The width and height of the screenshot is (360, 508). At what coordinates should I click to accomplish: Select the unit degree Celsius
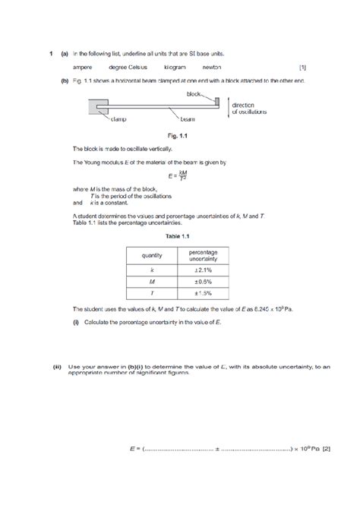click(128, 68)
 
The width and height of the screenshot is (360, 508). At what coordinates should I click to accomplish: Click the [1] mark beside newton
click(303, 68)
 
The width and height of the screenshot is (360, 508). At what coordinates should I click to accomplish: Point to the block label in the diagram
click(195, 93)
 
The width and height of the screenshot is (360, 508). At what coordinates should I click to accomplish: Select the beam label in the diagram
click(188, 119)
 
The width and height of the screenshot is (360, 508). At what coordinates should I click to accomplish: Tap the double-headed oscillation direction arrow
click(227, 108)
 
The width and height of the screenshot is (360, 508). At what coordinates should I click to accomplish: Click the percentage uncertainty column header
click(202, 256)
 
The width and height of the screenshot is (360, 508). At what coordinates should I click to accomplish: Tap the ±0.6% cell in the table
click(202, 281)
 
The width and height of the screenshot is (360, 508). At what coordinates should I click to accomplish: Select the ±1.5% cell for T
click(202, 293)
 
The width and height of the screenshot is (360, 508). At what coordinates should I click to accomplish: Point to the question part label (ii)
click(57, 366)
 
